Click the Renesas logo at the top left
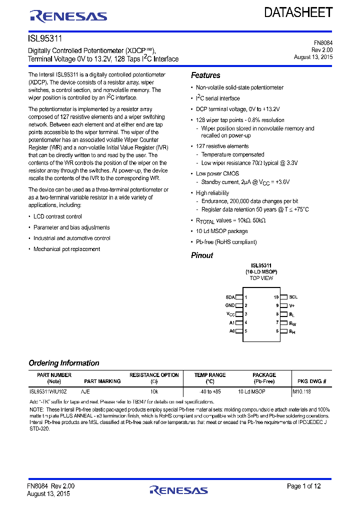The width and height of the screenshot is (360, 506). (68, 16)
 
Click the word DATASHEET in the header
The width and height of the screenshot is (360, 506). (298, 13)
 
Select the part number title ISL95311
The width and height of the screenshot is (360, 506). (45, 38)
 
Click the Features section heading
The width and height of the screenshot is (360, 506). (205, 75)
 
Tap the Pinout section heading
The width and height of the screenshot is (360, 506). (202, 255)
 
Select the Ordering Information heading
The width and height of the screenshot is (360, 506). (64, 363)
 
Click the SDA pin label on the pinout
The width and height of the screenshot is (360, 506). (230, 297)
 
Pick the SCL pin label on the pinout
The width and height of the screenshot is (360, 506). (293, 297)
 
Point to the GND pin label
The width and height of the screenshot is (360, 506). (230, 305)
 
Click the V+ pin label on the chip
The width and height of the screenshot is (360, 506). (292, 305)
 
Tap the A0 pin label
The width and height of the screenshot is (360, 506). (231, 331)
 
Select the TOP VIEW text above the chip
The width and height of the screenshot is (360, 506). (261, 278)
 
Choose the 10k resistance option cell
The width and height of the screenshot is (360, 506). (154, 391)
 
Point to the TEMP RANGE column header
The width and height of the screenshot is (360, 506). (210, 375)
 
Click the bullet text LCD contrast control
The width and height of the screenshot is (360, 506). (57, 216)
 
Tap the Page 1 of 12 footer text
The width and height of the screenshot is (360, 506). (303, 486)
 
